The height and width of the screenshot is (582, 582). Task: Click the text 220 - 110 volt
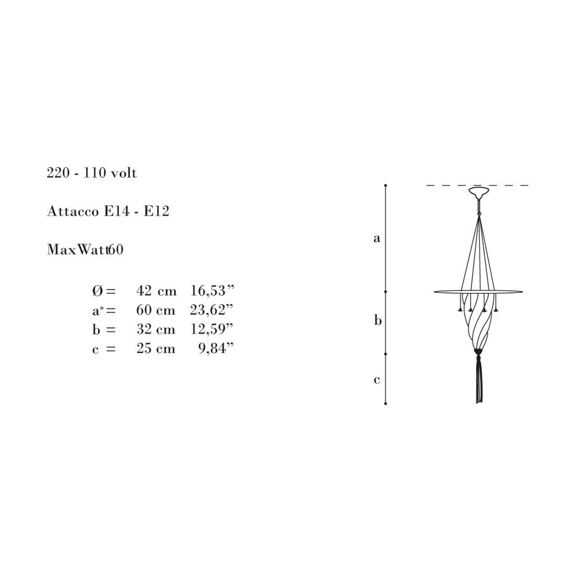click(92, 173)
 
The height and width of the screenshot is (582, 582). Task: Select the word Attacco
click(72, 211)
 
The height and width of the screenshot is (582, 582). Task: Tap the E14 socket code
click(117, 211)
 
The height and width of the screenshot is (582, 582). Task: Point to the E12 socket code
click(156, 211)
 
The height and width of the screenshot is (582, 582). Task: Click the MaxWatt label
click(78, 250)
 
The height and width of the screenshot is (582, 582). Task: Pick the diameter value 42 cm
click(156, 290)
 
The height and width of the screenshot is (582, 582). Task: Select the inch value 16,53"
click(212, 290)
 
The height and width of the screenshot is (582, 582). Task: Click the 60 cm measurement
click(155, 310)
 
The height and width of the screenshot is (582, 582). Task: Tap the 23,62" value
click(211, 310)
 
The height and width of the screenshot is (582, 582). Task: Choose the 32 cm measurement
click(155, 329)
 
